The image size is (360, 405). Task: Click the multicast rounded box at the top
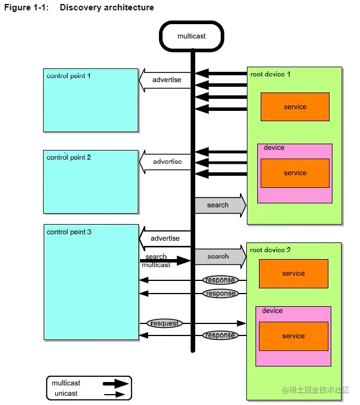point(191,36)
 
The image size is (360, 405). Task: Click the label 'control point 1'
point(69,76)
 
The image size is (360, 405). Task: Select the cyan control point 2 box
point(91,182)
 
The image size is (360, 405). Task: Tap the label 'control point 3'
point(69,232)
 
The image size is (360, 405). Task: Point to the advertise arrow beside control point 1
point(166,80)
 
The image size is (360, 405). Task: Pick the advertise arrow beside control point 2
point(166,161)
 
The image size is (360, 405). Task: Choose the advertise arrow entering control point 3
point(165,238)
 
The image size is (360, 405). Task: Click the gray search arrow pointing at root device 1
point(219,205)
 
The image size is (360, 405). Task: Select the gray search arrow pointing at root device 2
point(219,257)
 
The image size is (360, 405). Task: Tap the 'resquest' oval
point(164,323)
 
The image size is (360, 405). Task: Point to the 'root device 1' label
point(270,75)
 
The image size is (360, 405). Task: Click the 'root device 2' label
point(270,250)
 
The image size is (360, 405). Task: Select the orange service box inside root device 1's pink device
point(295,173)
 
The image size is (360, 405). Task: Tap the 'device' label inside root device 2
point(272,311)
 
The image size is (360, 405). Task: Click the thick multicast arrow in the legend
point(115,383)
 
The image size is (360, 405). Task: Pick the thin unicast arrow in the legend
point(115,394)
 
